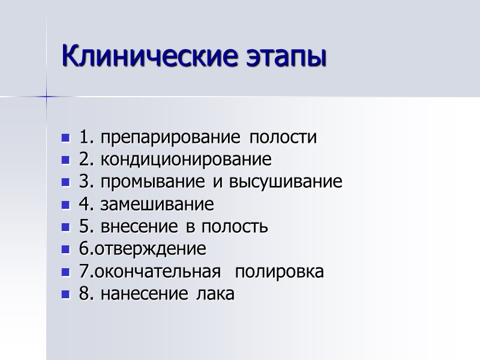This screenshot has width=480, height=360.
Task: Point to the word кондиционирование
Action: pos(186,161)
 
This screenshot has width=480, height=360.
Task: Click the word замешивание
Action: pos(157,205)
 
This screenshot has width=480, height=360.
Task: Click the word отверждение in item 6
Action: pos(149,250)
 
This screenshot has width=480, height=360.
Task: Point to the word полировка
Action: pos(279,272)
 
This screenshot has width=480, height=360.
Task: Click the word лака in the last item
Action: pos(218,295)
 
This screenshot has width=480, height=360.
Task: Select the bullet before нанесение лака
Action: pos(66,295)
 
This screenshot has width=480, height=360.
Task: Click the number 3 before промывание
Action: pos(83,183)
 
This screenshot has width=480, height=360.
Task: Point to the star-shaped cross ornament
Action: pos(46,96)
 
